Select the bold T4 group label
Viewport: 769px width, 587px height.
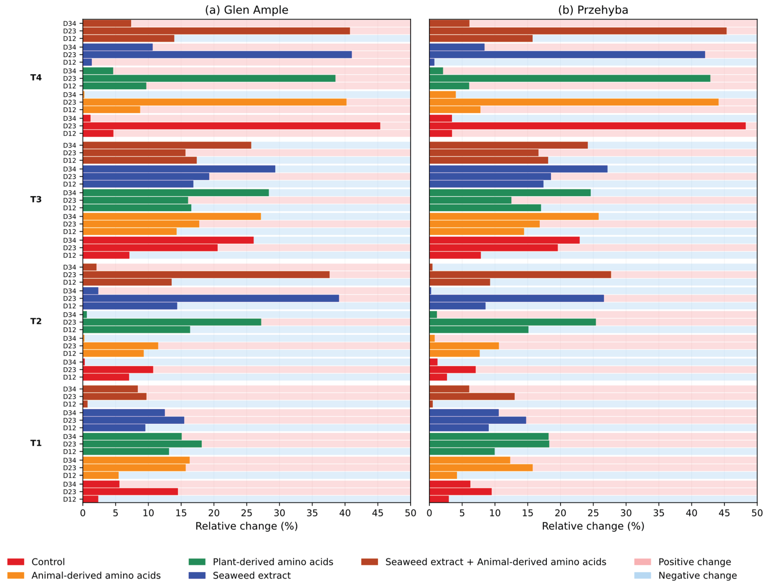tap(36, 78)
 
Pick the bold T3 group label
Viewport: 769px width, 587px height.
tap(36, 200)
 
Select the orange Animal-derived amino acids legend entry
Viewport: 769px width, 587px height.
tap(84, 576)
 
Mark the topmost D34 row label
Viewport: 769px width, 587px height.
tap(70, 23)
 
